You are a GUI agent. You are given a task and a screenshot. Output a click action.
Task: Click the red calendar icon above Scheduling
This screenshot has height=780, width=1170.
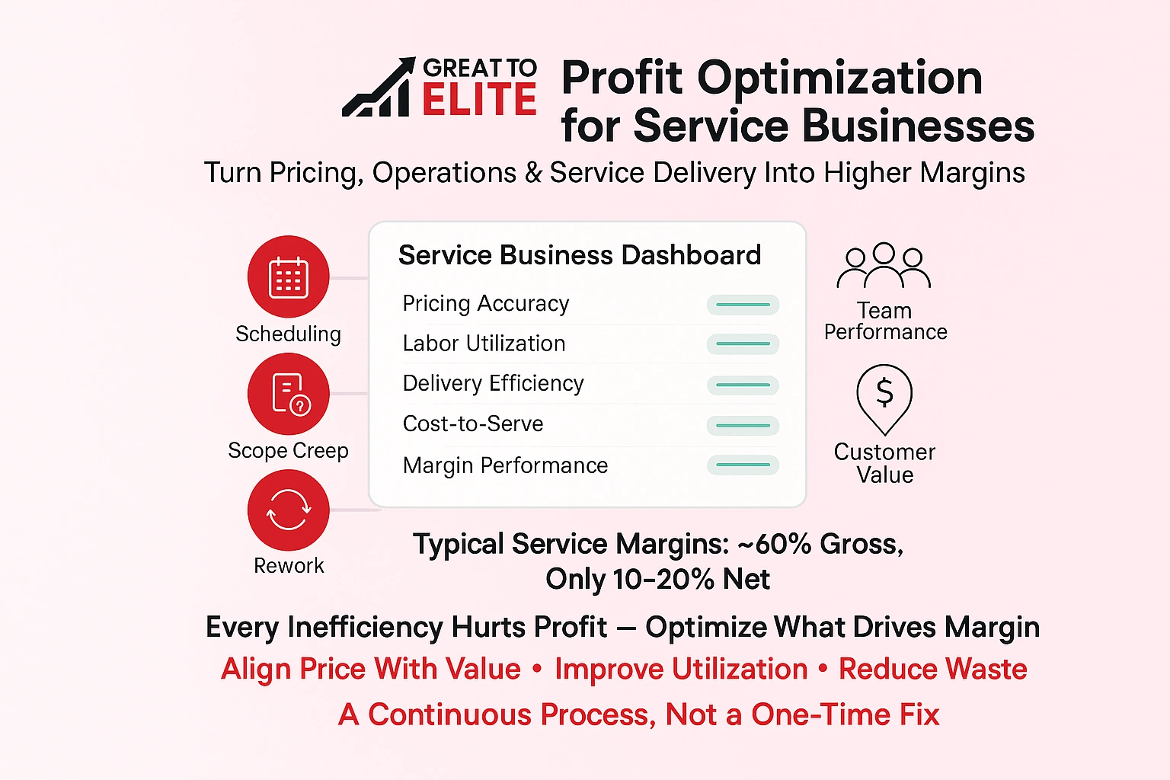point(288,277)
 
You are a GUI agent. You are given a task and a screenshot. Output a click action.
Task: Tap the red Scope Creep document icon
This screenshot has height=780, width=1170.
point(288,394)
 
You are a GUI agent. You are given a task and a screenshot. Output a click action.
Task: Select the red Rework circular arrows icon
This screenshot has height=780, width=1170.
point(288,510)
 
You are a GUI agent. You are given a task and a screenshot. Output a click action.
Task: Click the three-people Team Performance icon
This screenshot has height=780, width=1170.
point(884,266)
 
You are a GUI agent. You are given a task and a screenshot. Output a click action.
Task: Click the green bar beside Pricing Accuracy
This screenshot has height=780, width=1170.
point(743,305)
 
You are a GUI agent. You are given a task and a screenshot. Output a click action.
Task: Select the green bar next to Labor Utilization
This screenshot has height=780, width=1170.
point(743,344)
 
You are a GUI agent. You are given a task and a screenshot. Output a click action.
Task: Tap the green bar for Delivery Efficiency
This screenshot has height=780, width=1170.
point(743,385)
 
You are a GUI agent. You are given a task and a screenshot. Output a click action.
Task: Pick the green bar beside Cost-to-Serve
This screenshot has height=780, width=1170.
point(743,425)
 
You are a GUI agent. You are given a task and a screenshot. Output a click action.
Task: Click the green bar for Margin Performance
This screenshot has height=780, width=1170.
point(743,465)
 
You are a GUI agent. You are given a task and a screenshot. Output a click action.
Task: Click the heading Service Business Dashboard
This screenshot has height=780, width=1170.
point(579,255)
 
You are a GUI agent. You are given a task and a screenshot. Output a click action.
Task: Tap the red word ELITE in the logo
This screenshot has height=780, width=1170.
point(479,100)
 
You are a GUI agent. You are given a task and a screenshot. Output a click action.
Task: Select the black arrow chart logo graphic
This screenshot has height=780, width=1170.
point(379,88)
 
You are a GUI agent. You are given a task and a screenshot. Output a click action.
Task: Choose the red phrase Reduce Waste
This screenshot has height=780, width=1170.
point(932,669)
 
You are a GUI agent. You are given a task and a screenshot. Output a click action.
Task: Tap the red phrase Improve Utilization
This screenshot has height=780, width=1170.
point(681,669)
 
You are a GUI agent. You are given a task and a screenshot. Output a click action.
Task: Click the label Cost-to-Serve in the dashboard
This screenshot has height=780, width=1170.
point(473,424)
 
